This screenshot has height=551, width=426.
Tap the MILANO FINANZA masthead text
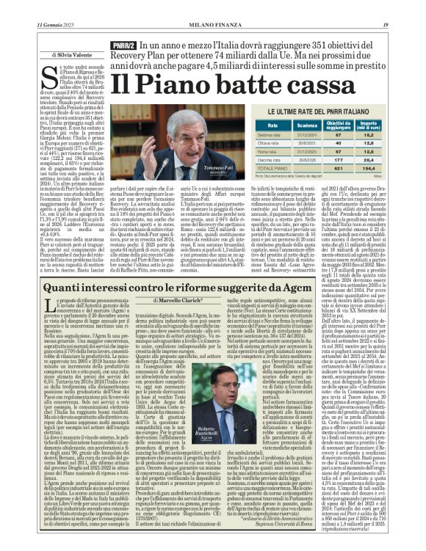tap(214, 6)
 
